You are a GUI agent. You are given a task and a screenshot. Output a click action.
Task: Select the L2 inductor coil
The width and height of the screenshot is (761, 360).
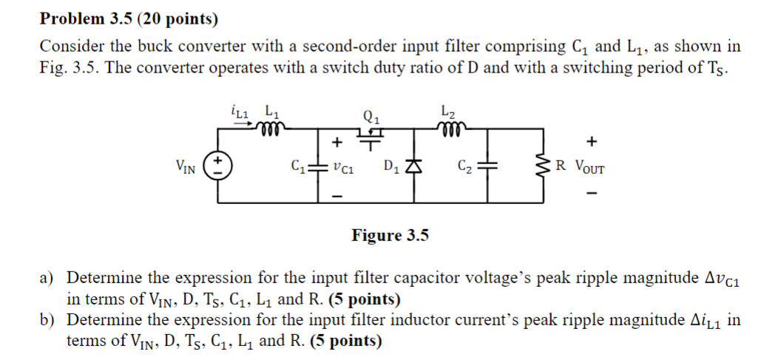click(448, 130)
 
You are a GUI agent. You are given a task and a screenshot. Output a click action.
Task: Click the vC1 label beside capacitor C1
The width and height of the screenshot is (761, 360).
click(341, 168)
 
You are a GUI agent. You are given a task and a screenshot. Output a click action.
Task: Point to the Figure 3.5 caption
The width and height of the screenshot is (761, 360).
click(390, 236)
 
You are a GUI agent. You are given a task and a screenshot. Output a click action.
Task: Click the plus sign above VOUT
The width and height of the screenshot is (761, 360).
click(589, 141)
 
